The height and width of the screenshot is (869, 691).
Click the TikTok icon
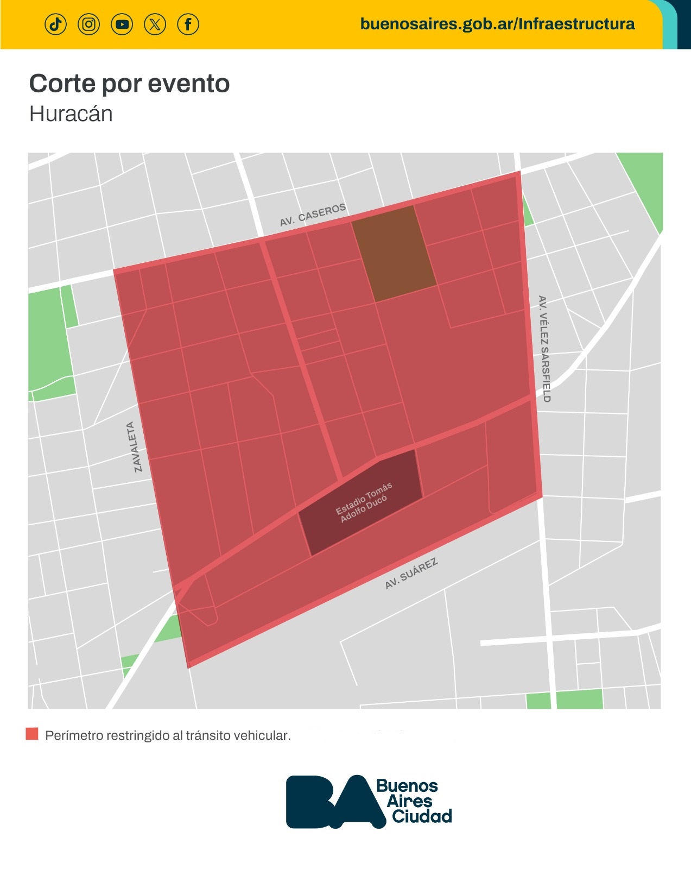point(55,24)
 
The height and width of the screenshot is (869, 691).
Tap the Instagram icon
point(89,24)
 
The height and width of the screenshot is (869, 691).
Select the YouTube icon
point(122,24)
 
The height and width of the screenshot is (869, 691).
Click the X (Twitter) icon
point(155,24)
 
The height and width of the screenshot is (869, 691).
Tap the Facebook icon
point(188,24)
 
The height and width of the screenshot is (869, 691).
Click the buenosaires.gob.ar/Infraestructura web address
point(497,24)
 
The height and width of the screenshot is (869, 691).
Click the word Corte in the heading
point(62,84)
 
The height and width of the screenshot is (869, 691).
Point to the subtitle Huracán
point(71,115)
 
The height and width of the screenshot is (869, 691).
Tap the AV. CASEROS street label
point(313,215)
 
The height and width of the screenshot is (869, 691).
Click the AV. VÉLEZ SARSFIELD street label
point(543,349)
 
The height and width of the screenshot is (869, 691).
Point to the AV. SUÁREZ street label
point(411,574)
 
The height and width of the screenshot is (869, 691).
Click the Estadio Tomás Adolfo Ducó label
point(363,502)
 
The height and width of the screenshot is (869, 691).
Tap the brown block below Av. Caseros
point(394,253)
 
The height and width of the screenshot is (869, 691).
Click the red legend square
point(32,734)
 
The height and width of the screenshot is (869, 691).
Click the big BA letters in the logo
point(331,801)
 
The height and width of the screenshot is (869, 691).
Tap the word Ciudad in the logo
point(422,816)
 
